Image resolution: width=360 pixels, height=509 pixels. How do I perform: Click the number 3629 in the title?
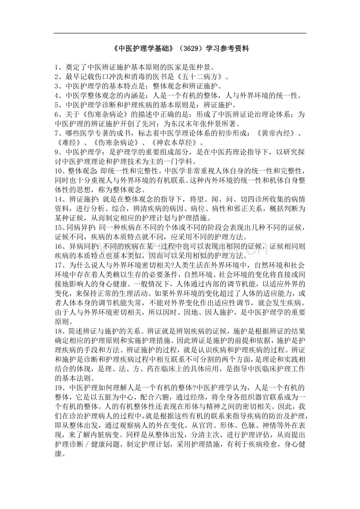click(x=192, y=49)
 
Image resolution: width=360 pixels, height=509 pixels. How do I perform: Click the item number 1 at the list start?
click(x=57, y=66)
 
